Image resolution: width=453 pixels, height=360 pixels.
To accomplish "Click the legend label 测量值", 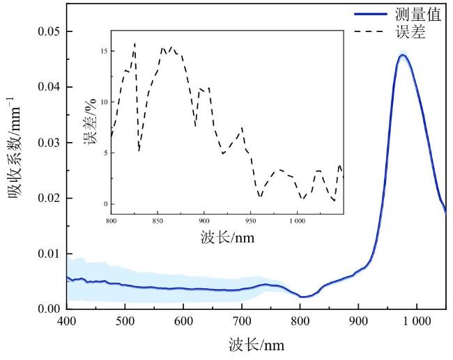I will [x=418, y=15].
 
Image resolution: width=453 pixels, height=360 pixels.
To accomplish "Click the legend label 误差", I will [x=410, y=33].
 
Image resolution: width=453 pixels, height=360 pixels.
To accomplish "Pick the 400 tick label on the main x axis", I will [x=66, y=322].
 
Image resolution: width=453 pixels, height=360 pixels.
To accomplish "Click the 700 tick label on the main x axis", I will [x=241, y=322].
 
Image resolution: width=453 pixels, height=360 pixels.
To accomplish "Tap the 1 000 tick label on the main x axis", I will [x=416, y=322].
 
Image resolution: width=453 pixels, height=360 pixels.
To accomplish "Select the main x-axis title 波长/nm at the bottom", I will [x=256, y=345].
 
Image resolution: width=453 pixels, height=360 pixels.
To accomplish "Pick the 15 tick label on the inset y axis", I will [x=103, y=52].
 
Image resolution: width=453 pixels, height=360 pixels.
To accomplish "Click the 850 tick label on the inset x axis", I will [x=158, y=221].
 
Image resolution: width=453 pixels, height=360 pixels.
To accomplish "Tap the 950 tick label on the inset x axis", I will [x=250, y=221].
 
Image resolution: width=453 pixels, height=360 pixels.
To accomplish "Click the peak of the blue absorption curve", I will [x=402, y=56].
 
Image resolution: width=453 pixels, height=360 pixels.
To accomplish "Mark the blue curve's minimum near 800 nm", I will [x=302, y=297].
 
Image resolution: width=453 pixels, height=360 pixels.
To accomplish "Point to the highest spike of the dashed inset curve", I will [x=135, y=43].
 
